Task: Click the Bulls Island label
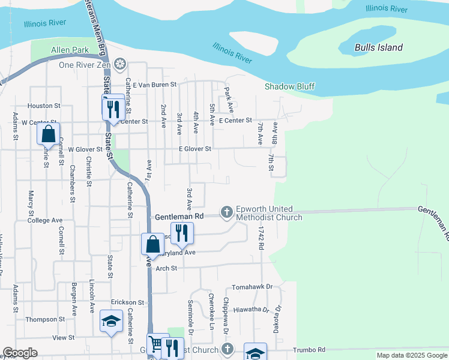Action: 378,47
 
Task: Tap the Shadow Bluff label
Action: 290,86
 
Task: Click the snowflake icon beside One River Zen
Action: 120,64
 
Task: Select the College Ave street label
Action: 45,220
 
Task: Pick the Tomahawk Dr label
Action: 252,287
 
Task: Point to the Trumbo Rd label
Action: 309,349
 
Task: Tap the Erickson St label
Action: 128,302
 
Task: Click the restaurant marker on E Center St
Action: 112,108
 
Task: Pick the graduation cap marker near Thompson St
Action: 110,322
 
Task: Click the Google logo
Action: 20,353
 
